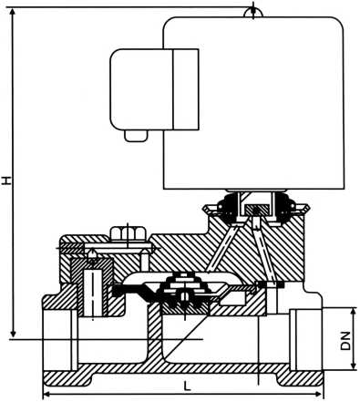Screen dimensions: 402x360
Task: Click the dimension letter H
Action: pyautogui.click(x=8, y=180)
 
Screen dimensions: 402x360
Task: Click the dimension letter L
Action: pyautogui.click(x=186, y=387)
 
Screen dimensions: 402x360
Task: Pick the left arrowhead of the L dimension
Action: pyautogui.click(x=48, y=395)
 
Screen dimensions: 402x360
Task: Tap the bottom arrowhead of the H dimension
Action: pyautogui.click(x=15, y=335)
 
